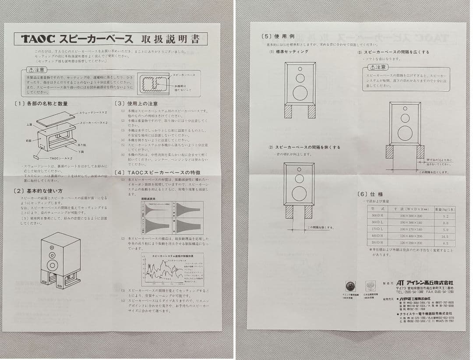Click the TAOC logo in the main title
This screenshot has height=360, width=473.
pyautogui.click(x=38, y=39)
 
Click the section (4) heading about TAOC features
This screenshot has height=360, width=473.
pyautogui.click(x=151, y=172)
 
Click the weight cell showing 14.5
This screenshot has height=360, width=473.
pyautogui.click(x=445, y=236)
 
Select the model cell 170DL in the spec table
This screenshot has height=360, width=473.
pyautogui.click(x=377, y=229)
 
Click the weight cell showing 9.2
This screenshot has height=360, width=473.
pyautogui.click(x=445, y=216)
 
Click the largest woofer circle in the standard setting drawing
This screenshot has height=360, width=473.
pyautogui.click(x=300, y=93)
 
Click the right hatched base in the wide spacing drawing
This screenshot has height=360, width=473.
pyautogui.click(x=420, y=152)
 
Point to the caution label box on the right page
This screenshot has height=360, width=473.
pyautogui.click(x=378, y=67)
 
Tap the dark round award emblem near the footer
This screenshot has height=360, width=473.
pyautogui.click(x=350, y=286)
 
